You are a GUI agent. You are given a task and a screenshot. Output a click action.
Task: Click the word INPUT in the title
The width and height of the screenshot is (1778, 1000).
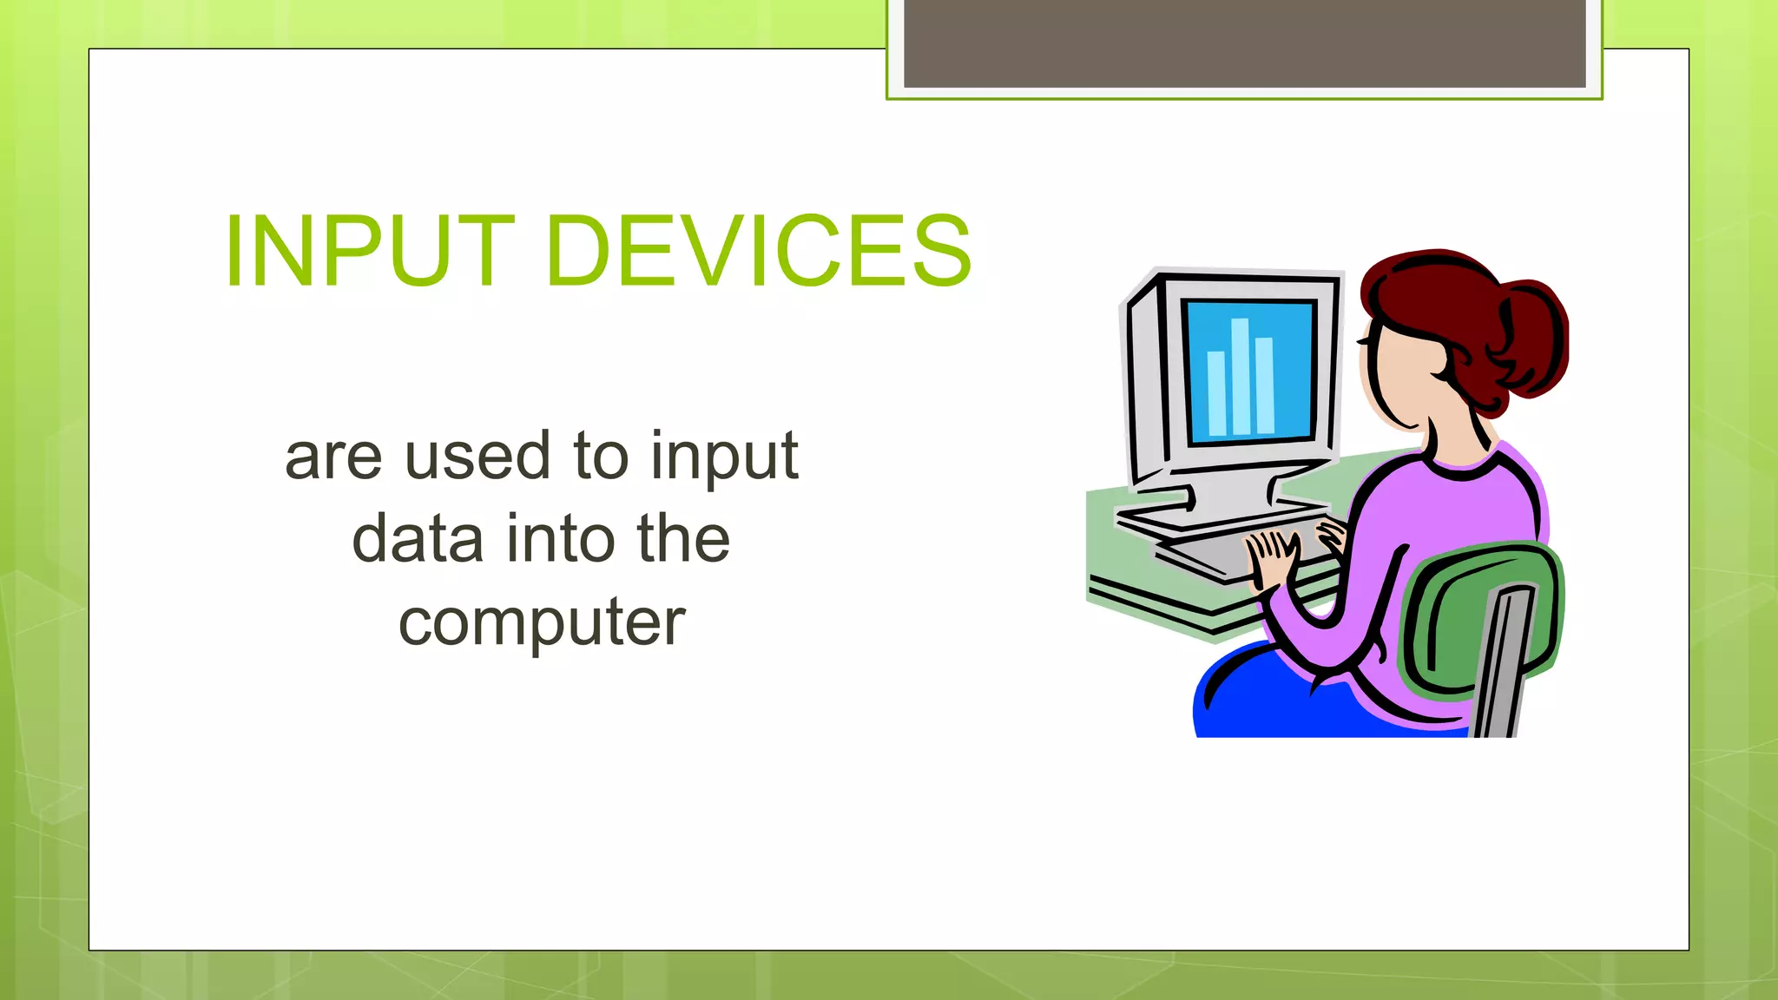[370, 252]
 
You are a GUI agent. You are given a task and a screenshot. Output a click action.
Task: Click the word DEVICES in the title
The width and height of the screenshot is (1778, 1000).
[759, 252]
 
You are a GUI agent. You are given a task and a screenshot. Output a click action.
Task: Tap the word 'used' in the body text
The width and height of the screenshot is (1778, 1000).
[477, 456]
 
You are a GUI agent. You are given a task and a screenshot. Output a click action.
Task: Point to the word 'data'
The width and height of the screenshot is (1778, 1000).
[417, 538]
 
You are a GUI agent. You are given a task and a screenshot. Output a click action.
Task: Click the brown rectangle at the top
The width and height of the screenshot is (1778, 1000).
[1244, 43]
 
